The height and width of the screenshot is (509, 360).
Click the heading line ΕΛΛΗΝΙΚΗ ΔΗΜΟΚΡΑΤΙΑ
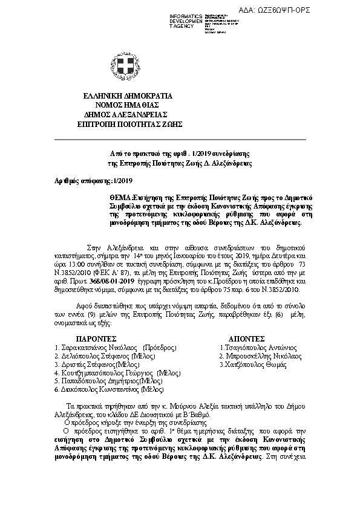[128, 96]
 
